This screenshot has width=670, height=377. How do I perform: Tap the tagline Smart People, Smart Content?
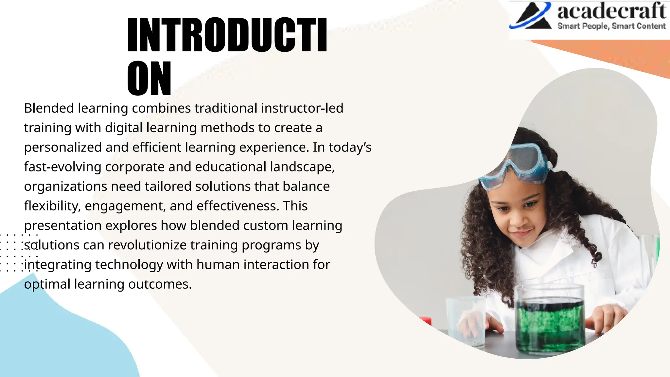[611, 26]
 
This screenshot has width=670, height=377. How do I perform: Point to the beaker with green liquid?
[550, 321]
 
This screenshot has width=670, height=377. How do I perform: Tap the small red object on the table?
[426, 321]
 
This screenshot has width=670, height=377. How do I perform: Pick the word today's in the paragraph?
[350, 147]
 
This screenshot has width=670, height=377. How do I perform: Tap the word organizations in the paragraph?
[65, 187]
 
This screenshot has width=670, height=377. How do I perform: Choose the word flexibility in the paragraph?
[52, 206]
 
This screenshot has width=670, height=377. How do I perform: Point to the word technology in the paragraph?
[129, 265]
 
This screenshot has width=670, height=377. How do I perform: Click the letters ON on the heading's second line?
[149, 79]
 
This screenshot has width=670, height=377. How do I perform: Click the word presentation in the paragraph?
[63, 226]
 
